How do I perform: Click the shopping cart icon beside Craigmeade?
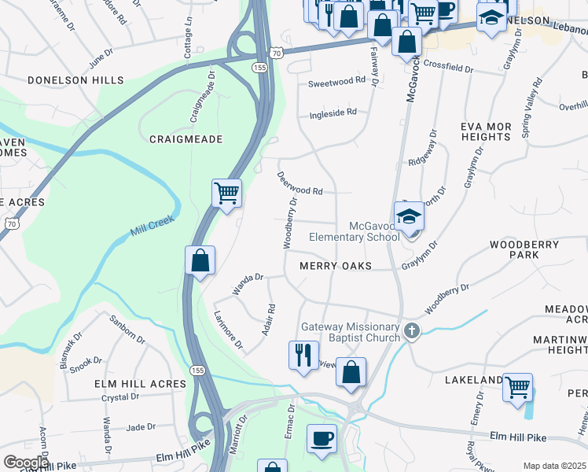(226, 191)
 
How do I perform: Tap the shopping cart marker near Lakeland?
(517, 386)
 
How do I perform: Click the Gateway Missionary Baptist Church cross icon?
(411, 332)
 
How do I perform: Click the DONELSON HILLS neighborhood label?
(75, 80)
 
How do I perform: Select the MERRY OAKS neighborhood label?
(335, 267)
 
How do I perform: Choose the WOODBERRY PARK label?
(524, 249)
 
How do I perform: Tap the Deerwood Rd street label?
(300, 183)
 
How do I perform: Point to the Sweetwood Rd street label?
(336, 80)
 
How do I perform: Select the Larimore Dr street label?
(229, 330)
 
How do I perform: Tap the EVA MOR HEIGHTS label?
(487, 131)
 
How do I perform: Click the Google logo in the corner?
(26, 463)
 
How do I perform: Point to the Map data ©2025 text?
(555, 466)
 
